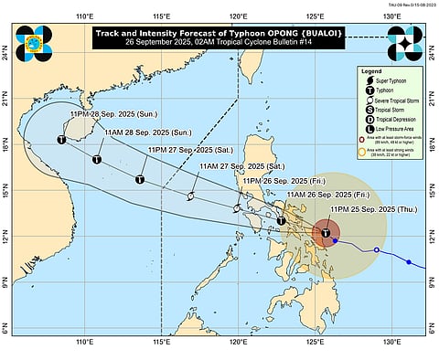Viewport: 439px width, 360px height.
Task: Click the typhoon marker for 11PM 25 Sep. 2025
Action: [327, 233]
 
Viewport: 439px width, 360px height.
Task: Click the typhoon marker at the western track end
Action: [61, 140]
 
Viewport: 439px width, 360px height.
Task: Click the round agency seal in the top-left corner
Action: [34, 43]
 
